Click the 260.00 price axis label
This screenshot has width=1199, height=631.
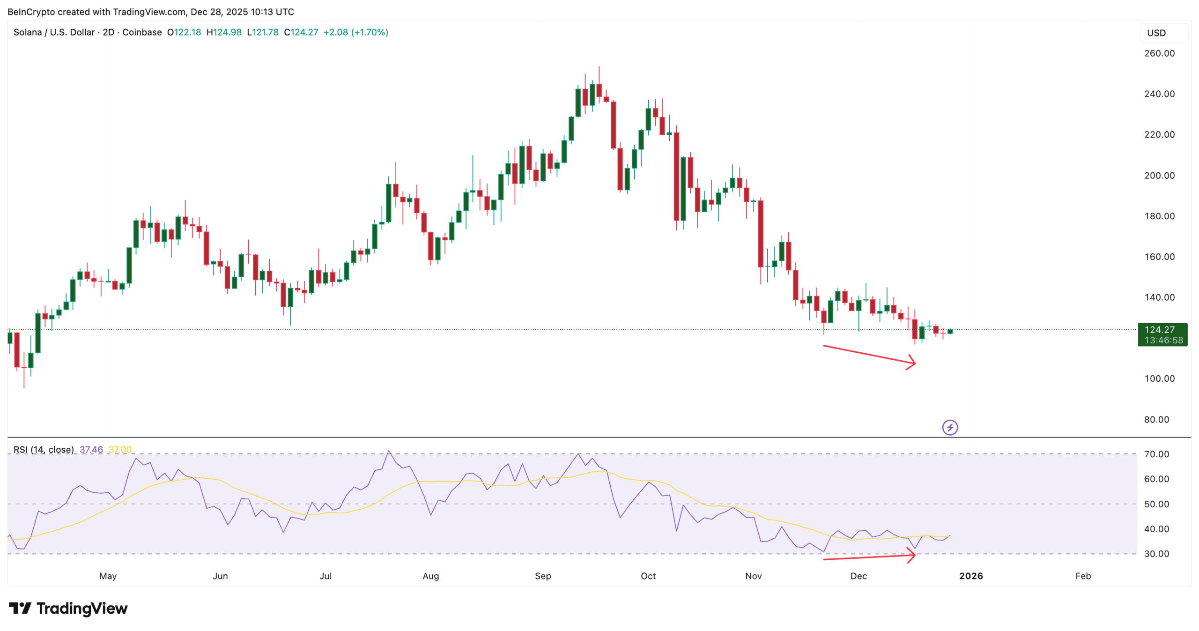point(1159,53)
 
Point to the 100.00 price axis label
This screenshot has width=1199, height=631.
point(1159,379)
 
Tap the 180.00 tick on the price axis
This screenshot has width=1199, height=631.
point(1159,216)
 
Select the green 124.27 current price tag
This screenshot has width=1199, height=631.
point(1162,334)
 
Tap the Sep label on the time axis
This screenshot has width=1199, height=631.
point(542,576)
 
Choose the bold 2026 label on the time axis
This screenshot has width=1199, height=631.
point(970,576)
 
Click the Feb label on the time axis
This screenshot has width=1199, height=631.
point(1082,576)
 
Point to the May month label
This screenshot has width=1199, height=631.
point(108,576)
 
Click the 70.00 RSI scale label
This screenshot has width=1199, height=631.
point(1156,454)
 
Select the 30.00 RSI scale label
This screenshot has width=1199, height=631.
point(1156,554)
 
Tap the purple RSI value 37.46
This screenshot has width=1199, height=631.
point(91,450)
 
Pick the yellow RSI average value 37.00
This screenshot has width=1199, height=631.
point(120,450)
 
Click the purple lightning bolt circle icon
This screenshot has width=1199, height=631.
point(949,427)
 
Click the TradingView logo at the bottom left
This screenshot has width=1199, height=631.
point(68,609)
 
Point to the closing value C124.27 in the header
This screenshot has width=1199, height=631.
point(301,32)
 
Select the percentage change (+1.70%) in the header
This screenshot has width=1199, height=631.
point(370,32)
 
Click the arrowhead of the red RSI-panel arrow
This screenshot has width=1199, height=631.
point(911,556)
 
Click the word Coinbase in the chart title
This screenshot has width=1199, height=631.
point(142,32)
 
